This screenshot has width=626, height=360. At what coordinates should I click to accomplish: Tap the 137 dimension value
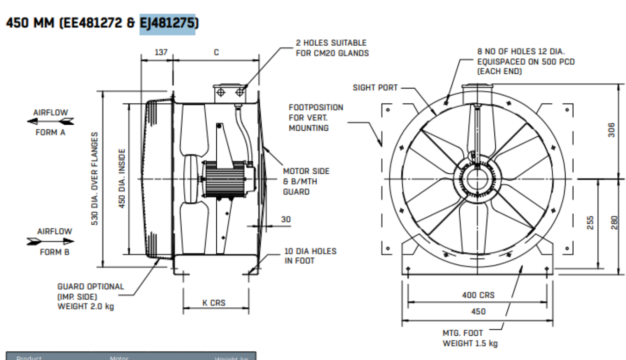[157, 52]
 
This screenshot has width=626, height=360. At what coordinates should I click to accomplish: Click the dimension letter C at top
[216, 52]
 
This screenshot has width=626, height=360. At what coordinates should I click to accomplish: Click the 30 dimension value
[286, 220]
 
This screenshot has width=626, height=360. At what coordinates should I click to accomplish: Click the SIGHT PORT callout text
[375, 88]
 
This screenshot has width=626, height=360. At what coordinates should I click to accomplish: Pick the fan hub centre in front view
[477, 179]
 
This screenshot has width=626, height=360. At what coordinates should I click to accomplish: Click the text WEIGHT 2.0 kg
[86, 306]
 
